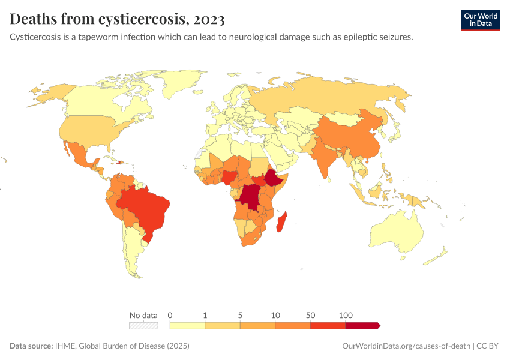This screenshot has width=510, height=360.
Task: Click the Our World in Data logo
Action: tap(480, 20)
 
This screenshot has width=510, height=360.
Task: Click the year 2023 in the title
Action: tap(209, 20)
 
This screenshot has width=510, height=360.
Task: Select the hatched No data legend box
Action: tap(143, 325)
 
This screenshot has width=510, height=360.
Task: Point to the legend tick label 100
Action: tap(345, 315)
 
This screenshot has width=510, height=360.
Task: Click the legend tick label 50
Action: tap(310, 315)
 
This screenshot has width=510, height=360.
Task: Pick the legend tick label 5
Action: tap(240, 315)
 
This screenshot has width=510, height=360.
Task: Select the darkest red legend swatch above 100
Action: tap(362, 325)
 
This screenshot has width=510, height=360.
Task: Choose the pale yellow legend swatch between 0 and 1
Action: tap(187, 325)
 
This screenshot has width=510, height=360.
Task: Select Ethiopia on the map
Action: tap(275, 179)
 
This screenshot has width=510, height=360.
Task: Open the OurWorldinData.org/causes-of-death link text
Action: tap(406, 346)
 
